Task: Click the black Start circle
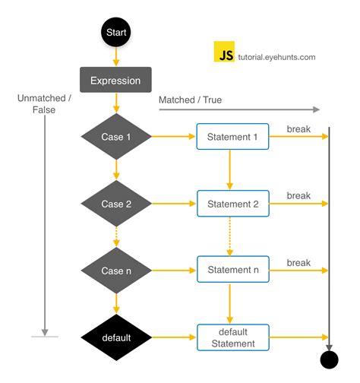[x=116, y=33]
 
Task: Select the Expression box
[x=116, y=80]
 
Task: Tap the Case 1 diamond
[x=116, y=137]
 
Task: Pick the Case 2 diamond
[x=116, y=204]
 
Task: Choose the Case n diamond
[x=116, y=271]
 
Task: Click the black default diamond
[x=116, y=337]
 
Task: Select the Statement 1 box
[x=232, y=137]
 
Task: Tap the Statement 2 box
[x=232, y=204]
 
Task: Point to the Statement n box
[x=232, y=270]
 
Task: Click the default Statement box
[x=232, y=337]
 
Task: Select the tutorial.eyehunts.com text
[x=277, y=57]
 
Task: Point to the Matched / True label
[x=190, y=100]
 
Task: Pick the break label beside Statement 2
[x=298, y=195]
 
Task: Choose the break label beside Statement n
[x=298, y=262]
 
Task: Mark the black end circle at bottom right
[x=329, y=359]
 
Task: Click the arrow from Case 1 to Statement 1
[x=174, y=137]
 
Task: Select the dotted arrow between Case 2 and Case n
[x=116, y=237]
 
